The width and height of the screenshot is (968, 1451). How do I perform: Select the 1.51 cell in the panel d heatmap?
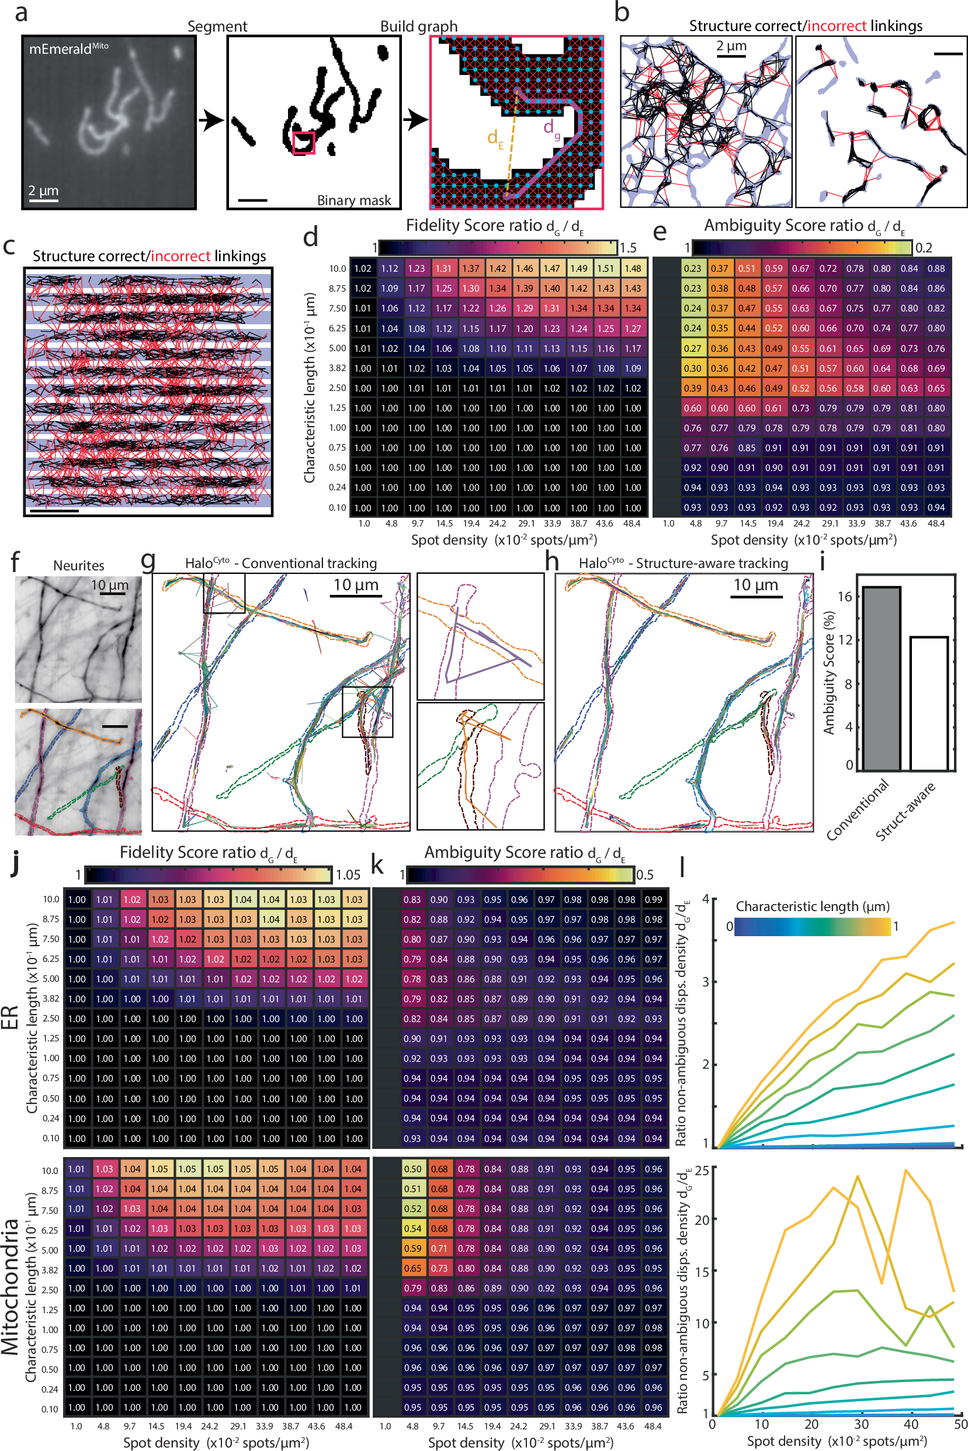coord(605,269)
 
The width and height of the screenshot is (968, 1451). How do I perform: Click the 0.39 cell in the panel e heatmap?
coord(693,389)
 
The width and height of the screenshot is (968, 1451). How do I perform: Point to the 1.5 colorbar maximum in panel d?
coord(628,248)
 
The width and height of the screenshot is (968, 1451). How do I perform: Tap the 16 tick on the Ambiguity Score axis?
coord(845,597)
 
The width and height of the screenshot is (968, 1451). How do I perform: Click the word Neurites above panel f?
coord(78,566)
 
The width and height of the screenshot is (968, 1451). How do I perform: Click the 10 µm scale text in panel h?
coord(757,585)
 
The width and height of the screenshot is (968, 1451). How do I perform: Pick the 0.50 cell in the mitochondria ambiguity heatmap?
coord(412,1169)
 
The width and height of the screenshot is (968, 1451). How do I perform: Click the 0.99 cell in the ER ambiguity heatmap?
coord(653,899)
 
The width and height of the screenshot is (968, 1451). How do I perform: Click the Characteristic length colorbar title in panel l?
coord(813,906)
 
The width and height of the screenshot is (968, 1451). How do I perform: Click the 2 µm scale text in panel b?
coord(731,46)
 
